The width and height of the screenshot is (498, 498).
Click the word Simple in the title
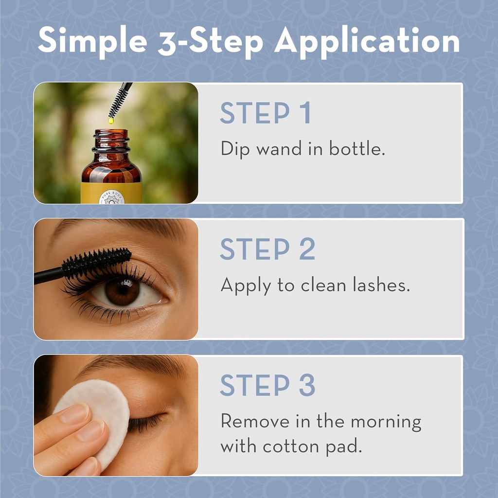pyautogui.click(x=92, y=41)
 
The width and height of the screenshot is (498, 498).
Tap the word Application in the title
pyautogui.click(x=367, y=41)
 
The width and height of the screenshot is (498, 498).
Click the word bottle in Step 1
pyautogui.click(x=357, y=148)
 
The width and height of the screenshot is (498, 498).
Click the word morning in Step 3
pyautogui.click(x=386, y=421)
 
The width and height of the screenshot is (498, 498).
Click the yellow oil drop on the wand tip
pyautogui.click(x=111, y=120)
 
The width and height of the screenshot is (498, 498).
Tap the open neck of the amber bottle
pyautogui.click(x=111, y=133)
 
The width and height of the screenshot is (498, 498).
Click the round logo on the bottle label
pyautogui.click(x=111, y=197)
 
